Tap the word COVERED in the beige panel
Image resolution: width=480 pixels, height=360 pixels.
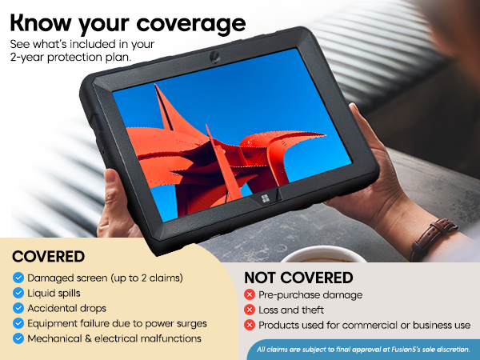(49, 258)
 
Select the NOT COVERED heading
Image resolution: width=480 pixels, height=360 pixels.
(298, 278)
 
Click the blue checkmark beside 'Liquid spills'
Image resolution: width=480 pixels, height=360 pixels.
(18, 293)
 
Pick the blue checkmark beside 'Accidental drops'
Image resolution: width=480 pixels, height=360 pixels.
(18, 308)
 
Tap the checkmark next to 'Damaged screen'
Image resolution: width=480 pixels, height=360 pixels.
(18, 278)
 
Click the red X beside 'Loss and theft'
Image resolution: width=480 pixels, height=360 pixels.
(250, 310)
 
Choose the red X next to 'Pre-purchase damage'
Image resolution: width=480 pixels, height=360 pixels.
(250, 295)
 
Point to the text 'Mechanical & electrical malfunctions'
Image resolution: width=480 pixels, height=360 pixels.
(114, 338)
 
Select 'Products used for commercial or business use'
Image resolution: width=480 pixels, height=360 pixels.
(364, 325)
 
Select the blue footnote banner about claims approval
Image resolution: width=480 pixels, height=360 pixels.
(363, 348)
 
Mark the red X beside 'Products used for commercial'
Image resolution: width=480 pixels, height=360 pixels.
(250, 325)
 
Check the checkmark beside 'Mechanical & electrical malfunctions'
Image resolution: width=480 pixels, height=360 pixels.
(18, 338)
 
